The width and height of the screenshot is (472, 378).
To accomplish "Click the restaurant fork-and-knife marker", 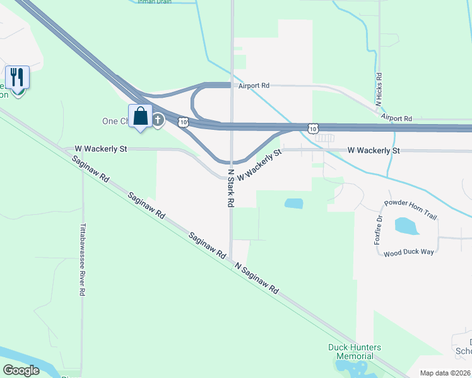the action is [x=18, y=78].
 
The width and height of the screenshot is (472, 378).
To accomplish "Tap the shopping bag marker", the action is [x=140, y=117].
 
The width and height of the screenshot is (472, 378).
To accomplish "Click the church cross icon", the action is [x=158, y=120].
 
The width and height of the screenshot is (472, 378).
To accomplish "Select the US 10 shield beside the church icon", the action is [x=182, y=122].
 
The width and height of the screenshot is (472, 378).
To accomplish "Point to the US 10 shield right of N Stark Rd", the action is [x=312, y=129].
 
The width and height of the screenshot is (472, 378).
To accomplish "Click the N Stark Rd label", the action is [x=231, y=188].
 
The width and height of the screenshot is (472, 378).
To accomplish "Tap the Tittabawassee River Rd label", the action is [x=82, y=260].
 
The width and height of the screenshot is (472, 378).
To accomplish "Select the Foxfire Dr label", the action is [x=379, y=230].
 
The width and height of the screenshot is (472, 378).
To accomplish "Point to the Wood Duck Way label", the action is [x=409, y=252].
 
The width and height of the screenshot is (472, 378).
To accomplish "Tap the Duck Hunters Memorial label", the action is [x=355, y=352].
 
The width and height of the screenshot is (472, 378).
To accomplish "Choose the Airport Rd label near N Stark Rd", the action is [x=254, y=85].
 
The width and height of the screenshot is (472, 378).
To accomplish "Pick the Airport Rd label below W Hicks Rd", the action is [x=396, y=118].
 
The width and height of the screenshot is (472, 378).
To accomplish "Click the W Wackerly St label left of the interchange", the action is [x=101, y=149].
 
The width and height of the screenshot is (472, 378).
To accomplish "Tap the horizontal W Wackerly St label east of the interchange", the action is [x=374, y=151].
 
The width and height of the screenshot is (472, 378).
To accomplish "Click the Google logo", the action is [x=21, y=370].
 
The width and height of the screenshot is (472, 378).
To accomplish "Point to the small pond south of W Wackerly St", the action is [x=293, y=203].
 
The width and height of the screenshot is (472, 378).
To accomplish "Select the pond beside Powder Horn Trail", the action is [x=403, y=225].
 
